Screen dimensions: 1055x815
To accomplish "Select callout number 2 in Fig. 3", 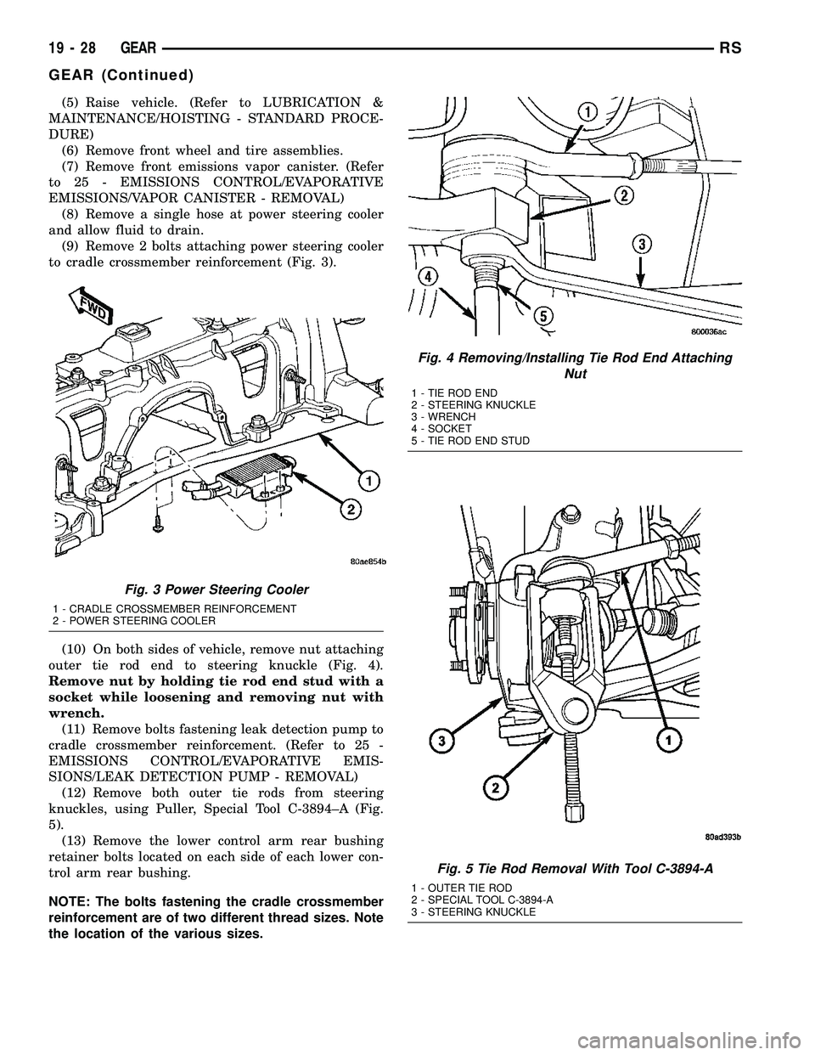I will click(349, 510).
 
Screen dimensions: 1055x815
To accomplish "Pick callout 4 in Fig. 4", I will click(430, 276).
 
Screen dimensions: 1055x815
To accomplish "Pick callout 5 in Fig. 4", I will click(541, 315).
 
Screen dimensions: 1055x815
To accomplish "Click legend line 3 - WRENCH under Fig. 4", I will click(441, 417).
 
